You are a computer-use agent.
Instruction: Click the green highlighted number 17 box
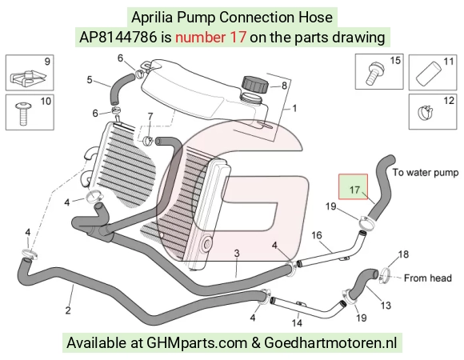pyautogui.click(x=353, y=186)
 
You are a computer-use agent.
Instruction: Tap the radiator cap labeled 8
pyautogui.click(x=254, y=84)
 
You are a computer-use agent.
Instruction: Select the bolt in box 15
pyautogui.click(x=374, y=73)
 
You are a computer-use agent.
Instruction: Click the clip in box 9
pyautogui.click(x=28, y=77)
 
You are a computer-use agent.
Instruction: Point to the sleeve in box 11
pyautogui.click(x=429, y=73)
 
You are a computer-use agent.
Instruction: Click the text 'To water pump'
pyautogui.click(x=426, y=172)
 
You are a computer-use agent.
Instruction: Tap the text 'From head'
pyautogui.click(x=428, y=278)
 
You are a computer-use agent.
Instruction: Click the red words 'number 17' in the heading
pyautogui.click(x=210, y=38)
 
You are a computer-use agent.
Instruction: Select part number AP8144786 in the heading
pyautogui.click(x=118, y=38)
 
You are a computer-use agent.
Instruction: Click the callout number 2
pyautogui.click(x=68, y=310)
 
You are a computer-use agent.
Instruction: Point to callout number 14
pyautogui.click(x=297, y=322)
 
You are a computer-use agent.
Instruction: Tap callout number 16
pyautogui.click(x=316, y=235)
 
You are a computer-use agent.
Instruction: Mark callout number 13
pyautogui.click(x=386, y=305)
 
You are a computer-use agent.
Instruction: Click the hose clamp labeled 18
pyautogui.click(x=385, y=275)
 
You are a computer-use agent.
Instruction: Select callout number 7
pyautogui.click(x=150, y=117)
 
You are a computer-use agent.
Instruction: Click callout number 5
pyautogui.click(x=90, y=80)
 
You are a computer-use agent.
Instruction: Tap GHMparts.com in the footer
pyautogui.click(x=197, y=343)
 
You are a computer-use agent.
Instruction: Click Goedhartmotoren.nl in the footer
pyautogui.click(x=330, y=343)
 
